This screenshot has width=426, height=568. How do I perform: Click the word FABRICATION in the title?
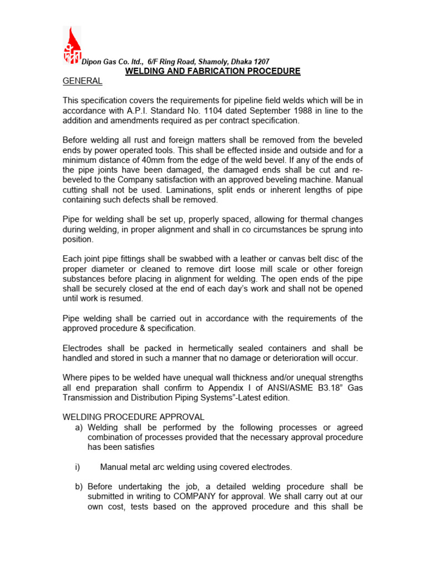coord(220,71)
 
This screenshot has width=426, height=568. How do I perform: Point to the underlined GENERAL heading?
coord(82,81)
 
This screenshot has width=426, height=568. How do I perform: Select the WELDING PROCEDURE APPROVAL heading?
coord(133,417)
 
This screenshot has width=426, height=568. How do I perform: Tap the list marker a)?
coord(79,427)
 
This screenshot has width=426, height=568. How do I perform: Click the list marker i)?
coord(78,467)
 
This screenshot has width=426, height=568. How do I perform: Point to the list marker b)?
coord(79,486)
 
